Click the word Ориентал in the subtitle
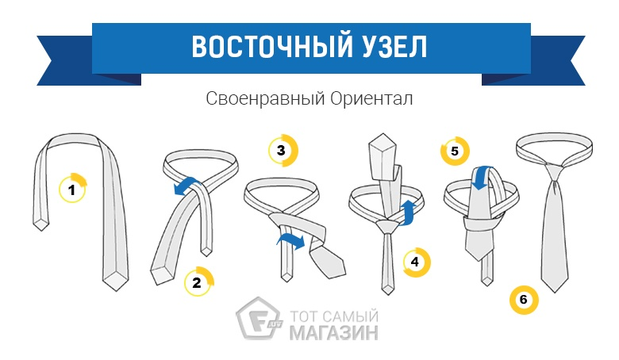click(x=371, y=98)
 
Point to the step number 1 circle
click(x=72, y=189)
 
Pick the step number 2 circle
click(x=198, y=281)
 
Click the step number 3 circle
click(x=283, y=150)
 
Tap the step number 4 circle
click(x=417, y=262)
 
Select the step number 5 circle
click(x=456, y=151)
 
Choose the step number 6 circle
click(x=524, y=299)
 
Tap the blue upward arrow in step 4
click(x=408, y=213)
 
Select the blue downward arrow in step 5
click(x=481, y=178)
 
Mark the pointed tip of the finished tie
click(x=555, y=292)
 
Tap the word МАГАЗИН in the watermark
click(x=333, y=332)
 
